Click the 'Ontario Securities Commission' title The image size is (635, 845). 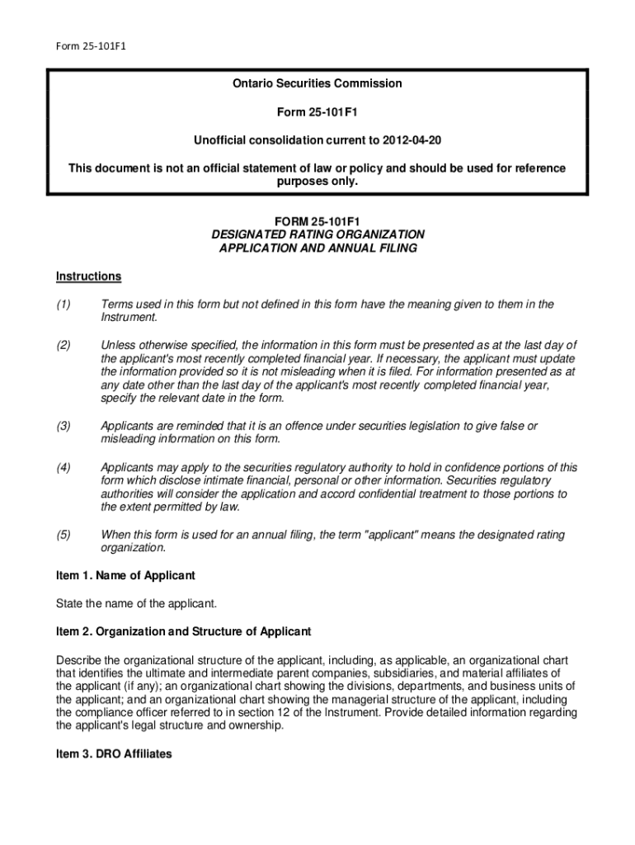point(317,83)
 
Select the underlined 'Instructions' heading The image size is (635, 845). point(88,276)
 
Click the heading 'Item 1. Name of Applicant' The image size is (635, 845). point(125,575)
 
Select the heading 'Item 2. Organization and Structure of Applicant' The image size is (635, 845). point(183,632)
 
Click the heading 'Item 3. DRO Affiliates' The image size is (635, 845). point(114,753)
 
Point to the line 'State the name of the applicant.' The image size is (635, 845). point(136,603)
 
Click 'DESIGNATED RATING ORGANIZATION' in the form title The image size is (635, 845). point(317,234)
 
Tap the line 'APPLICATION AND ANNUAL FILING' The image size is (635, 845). point(317,248)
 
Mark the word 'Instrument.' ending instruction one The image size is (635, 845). point(128,318)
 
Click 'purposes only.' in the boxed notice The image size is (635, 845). point(317,182)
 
